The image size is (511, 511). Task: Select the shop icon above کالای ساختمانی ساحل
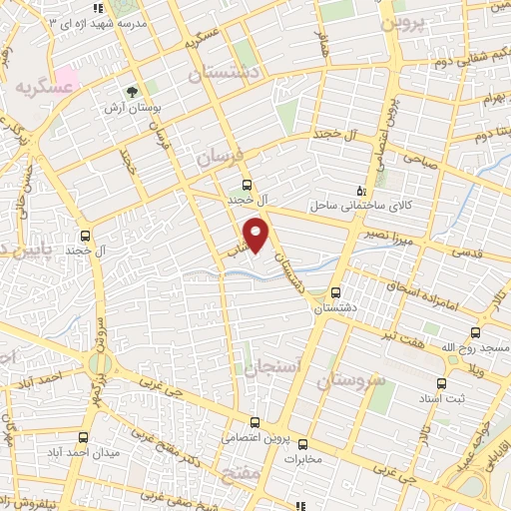[x=361, y=190]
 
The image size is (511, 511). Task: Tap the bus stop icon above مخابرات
[x=302, y=446]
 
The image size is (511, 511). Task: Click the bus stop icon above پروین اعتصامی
[x=255, y=422]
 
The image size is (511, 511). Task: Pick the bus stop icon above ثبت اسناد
[x=441, y=382]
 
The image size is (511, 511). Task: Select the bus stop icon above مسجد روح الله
[x=474, y=333]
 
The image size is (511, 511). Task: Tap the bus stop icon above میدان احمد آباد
[x=84, y=436]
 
